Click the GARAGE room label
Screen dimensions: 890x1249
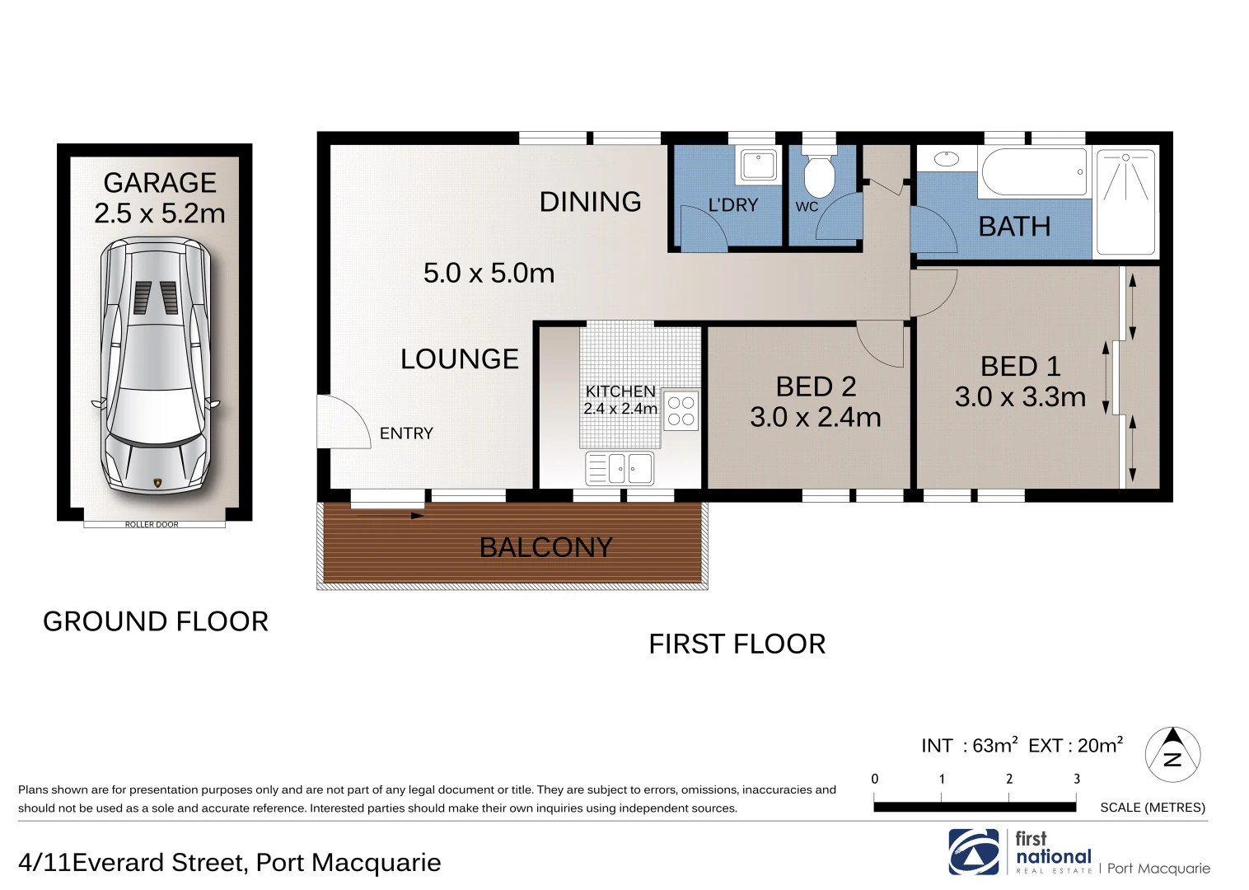160,183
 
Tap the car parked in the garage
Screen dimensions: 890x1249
156,366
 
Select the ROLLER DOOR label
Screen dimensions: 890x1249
152,524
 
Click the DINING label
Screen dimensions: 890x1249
590,202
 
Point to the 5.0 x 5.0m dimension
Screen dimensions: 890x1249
489,273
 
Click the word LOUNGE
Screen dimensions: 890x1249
460,359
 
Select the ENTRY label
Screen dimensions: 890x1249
406,433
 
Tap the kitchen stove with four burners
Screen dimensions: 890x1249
681,410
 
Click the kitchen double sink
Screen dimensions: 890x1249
620,469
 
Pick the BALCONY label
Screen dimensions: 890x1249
545,547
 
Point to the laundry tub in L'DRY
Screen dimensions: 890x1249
758,165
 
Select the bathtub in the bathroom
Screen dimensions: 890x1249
1034,172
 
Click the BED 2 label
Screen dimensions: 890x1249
816,386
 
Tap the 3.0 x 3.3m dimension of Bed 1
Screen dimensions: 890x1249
1020,397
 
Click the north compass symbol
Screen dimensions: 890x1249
1172,755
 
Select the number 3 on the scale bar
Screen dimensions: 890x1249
1076,779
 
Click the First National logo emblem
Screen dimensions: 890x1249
973,851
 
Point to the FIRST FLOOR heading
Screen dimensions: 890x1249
737,644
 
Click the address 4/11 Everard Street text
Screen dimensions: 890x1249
229,862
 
